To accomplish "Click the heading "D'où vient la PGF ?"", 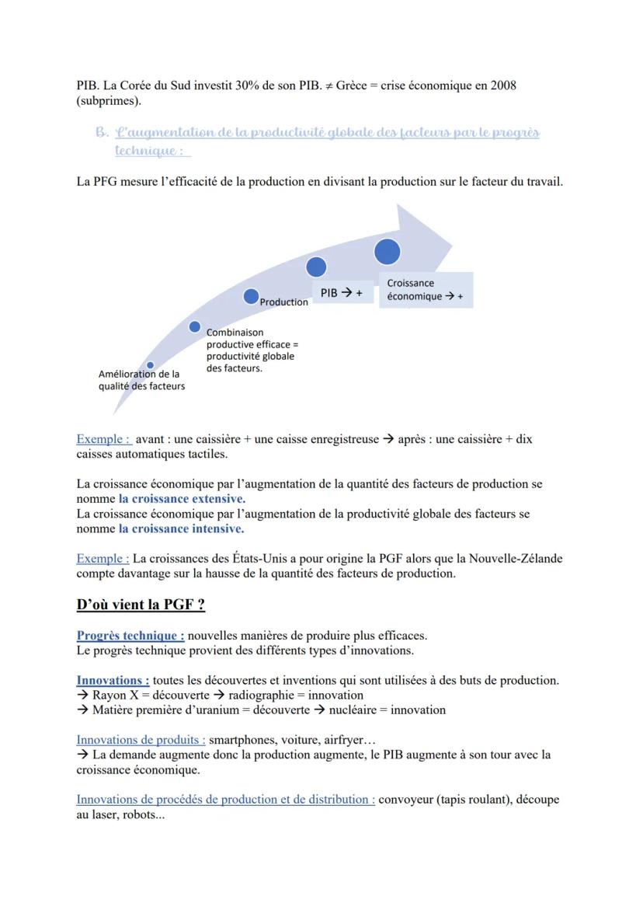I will coord(141,604).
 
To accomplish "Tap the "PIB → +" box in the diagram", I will coord(342,292).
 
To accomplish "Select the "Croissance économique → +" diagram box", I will coord(425,290).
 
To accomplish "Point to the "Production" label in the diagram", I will coord(283,302).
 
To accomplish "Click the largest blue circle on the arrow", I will coord(387,252).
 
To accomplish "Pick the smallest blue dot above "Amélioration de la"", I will coord(150,364).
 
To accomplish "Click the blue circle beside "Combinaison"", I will coord(195,327).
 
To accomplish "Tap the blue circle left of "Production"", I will coord(250,297).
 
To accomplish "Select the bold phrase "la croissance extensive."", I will coord(182,499).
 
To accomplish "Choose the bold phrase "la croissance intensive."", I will coord(181,529).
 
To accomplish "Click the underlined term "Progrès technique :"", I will coord(130,636).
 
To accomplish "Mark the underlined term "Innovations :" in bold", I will coord(113,681).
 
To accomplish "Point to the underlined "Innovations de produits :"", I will coord(141,740).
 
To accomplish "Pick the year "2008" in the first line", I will coord(502,85).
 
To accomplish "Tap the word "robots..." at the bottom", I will coord(139,814).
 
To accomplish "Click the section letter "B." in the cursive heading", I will coord(102,133).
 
